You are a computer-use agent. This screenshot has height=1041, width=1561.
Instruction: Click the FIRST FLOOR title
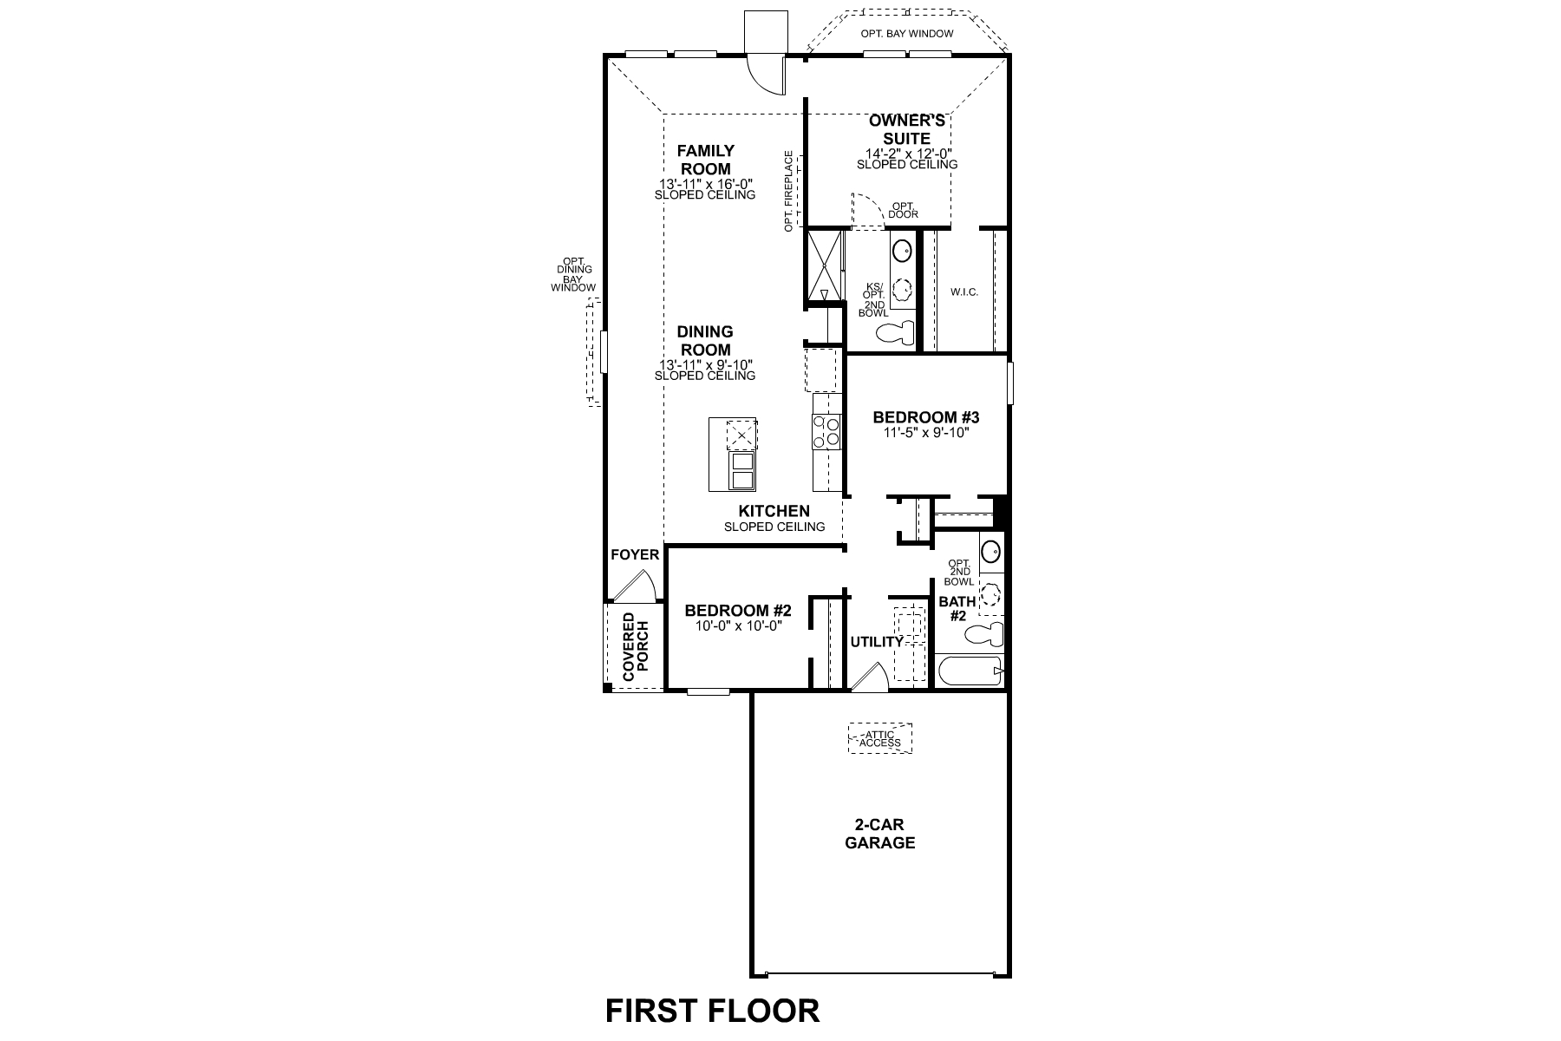(x=711, y=1011)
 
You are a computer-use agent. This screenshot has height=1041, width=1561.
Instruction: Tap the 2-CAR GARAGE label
(x=879, y=834)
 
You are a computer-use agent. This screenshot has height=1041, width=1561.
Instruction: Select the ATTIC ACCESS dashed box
(x=879, y=739)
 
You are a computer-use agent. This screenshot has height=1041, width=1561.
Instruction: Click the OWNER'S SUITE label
(x=906, y=129)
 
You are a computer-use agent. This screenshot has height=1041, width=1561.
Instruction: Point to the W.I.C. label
(x=963, y=292)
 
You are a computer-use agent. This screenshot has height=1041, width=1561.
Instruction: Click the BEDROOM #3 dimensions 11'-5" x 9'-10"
(x=925, y=432)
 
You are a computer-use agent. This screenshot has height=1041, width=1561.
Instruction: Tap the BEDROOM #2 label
(x=737, y=610)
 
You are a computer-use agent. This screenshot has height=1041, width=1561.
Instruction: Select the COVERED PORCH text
(x=634, y=647)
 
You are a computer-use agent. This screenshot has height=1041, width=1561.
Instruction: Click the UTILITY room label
(x=876, y=642)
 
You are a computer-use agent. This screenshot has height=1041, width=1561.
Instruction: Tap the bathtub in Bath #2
(x=970, y=671)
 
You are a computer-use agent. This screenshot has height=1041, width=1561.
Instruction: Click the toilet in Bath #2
(x=984, y=634)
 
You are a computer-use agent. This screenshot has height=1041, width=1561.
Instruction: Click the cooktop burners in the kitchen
(x=826, y=432)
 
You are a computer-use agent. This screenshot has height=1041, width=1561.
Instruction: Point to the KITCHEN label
(x=774, y=511)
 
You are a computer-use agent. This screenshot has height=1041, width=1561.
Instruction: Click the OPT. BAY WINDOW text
(x=906, y=34)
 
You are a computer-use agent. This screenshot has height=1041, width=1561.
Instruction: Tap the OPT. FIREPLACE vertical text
(x=788, y=191)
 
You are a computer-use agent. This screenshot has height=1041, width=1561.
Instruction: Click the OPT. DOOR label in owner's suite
(x=903, y=210)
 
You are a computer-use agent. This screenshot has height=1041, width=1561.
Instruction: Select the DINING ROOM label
(x=704, y=340)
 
